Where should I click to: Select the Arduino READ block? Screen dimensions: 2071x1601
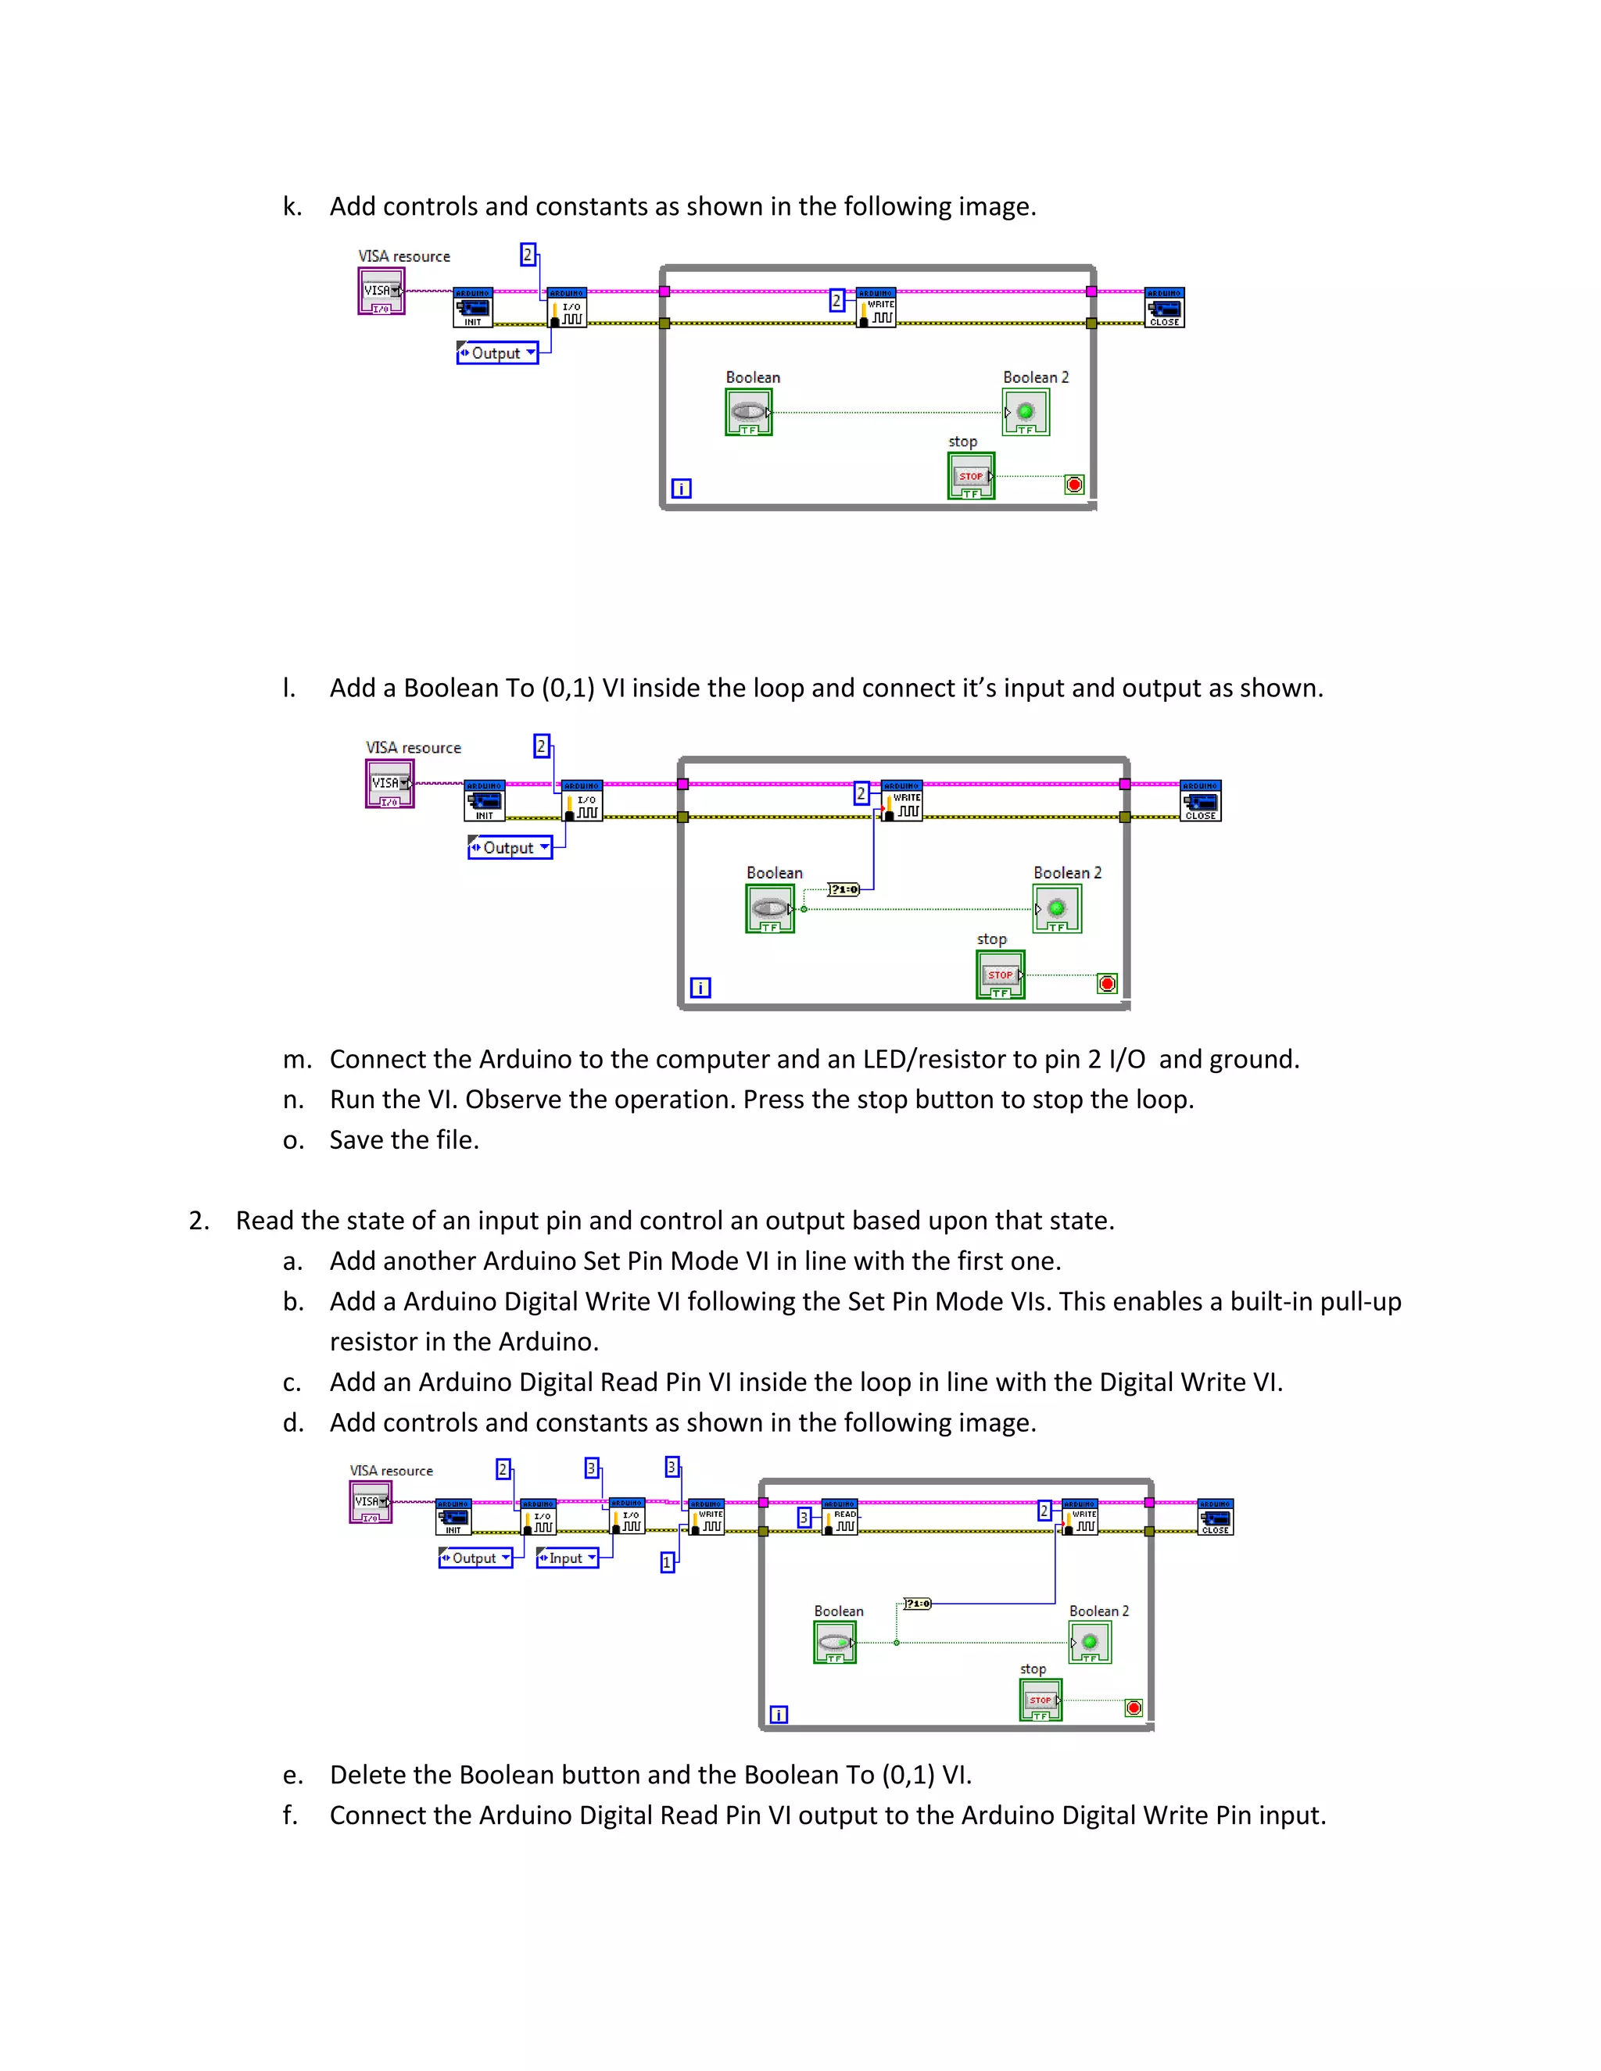[840, 1517]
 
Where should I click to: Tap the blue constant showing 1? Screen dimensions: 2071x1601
[668, 1561]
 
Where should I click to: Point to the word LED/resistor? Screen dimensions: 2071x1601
[958, 1059]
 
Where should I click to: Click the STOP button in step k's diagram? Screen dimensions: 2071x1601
[971, 476]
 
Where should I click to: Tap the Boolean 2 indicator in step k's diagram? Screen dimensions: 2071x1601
[1026, 413]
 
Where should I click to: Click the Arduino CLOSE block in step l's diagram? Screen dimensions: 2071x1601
[1201, 801]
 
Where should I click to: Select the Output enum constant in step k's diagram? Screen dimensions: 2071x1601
[497, 352]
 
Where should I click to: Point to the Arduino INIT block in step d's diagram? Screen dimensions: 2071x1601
[453, 1517]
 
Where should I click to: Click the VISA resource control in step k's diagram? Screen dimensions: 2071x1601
[381, 292]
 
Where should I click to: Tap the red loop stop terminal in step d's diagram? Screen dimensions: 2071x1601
[1134, 1708]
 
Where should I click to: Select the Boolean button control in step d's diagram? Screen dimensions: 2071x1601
[835, 1643]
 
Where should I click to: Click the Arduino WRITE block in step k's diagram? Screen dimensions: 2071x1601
[876, 308]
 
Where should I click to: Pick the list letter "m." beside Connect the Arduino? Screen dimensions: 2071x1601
[296, 1059]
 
